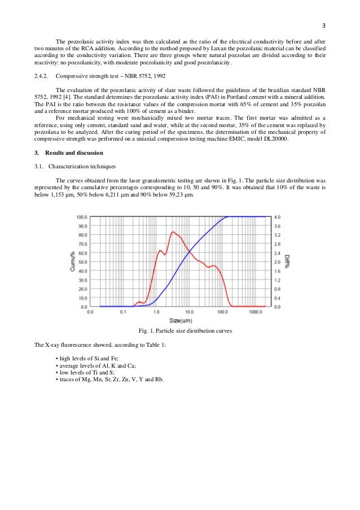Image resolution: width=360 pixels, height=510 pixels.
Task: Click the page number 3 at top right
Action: [x=324, y=25]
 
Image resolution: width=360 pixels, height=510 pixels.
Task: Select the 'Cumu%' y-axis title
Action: [x=73, y=261]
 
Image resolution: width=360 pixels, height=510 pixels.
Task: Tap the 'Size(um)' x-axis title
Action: [x=179, y=320]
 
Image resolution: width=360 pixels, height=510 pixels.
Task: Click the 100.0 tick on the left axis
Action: [x=81, y=217]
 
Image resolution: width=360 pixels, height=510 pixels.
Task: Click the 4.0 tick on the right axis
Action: [x=277, y=217]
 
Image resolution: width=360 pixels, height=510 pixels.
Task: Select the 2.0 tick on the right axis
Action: [x=277, y=262]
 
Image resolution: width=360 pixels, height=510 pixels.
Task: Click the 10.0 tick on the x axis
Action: [x=189, y=311]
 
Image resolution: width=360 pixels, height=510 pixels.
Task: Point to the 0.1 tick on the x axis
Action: [x=123, y=311]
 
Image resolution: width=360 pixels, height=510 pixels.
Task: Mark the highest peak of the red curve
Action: [x=173, y=232]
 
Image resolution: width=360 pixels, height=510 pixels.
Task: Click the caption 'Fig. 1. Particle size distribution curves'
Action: [x=180, y=331]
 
